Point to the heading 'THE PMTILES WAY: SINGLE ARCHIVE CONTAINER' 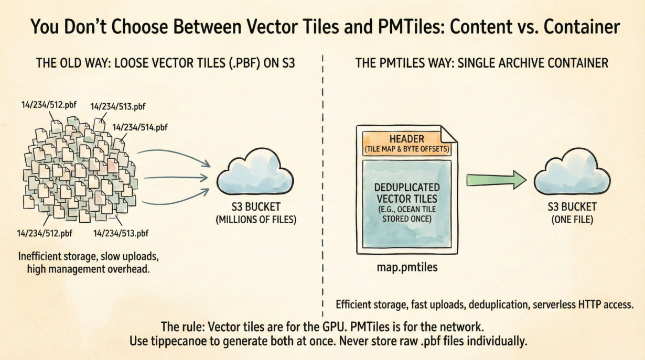pyautogui.click(x=481, y=64)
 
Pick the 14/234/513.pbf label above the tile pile pyautogui.click(x=118, y=106)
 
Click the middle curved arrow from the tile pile pyautogui.click(x=176, y=178)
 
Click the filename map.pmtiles pyautogui.click(x=407, y=268)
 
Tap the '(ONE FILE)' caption pyautogui.click(x=572, y=220)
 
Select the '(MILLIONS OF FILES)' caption pyautogui.click(x=256, y=220)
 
